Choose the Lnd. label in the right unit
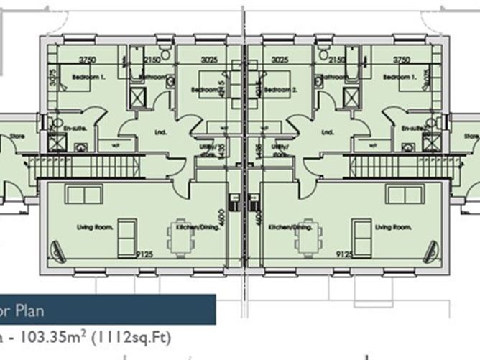point(328,131)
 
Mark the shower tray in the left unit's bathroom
point(137,96)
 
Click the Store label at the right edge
point(472,136)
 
